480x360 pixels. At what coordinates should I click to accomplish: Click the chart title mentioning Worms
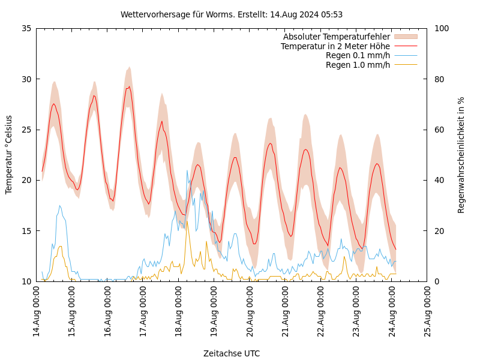click(x=232, y=14)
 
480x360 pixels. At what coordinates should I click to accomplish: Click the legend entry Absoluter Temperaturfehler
click(x=336, y=37)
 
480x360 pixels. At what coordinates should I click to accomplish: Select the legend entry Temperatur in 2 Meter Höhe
click(x=335, y=46)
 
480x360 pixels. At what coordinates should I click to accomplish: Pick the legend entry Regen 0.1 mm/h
click(x=358, y=55)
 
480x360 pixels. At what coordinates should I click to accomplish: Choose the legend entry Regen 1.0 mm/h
click(x=358, y=65)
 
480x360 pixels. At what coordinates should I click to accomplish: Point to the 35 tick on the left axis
click(x=26, y=28)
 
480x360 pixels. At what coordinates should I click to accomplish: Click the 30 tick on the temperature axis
click(x=26, y=79)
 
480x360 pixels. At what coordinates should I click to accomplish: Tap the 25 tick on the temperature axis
click(x=26, y=130)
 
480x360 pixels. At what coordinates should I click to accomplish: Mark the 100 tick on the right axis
click(x=441, y=28)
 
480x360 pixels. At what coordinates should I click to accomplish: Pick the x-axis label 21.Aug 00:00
click(x=285, y=312)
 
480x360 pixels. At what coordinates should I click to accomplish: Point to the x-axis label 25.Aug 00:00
click(x=427, y=312)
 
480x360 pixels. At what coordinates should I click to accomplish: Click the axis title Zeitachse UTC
click(x=232, y=353)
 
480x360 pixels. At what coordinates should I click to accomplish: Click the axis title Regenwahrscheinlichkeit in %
click(x=461, y=154)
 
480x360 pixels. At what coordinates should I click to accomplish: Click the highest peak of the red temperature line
click(x=128, y=86)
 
